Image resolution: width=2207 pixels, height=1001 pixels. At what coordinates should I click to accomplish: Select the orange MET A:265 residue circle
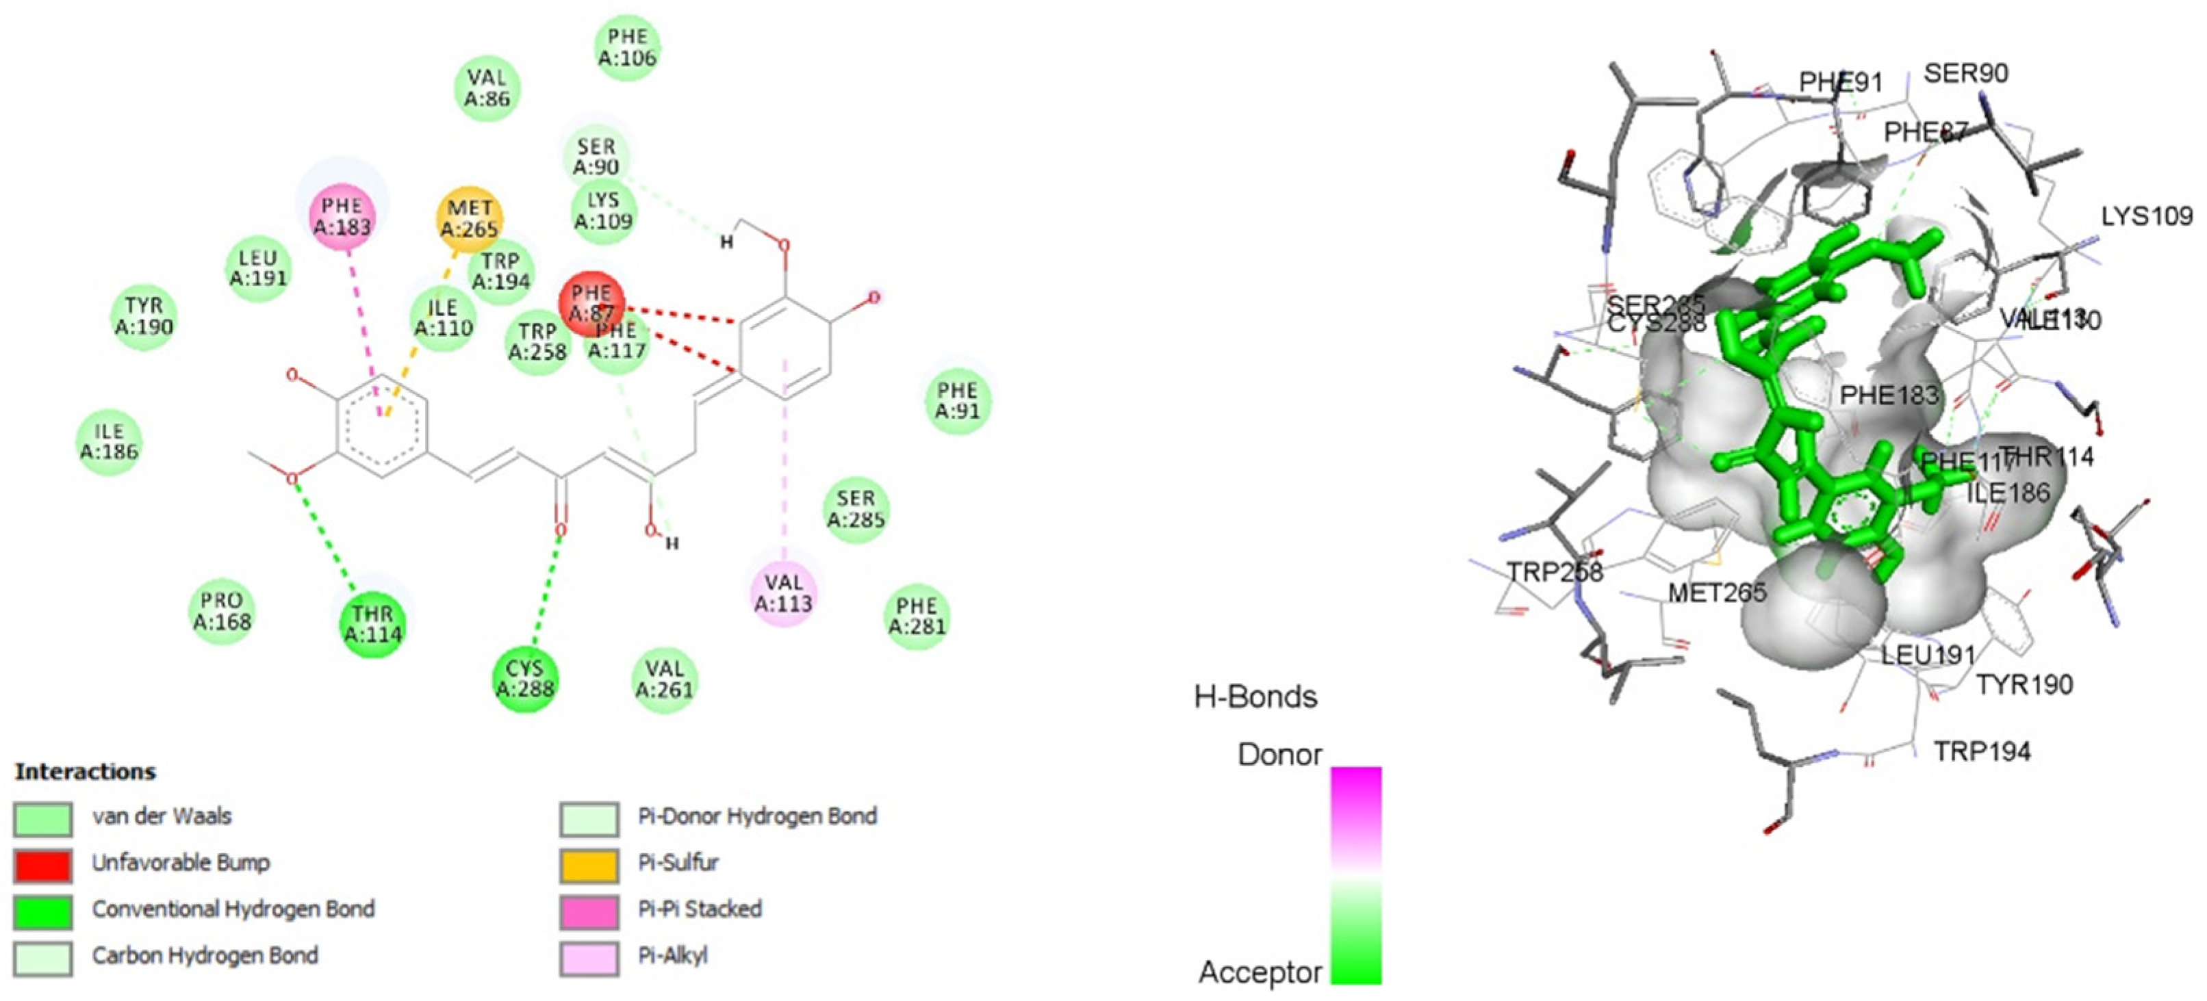coord(469,218)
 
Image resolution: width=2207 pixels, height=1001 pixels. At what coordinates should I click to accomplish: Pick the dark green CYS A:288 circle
coord(524,678)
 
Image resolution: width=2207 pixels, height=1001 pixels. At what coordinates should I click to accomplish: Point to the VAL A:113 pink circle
coord(783,593)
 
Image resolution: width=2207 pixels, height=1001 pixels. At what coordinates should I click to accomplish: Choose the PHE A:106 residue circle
coord(627,47)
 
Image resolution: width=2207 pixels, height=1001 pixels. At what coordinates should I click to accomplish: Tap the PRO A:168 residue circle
coord(222,610)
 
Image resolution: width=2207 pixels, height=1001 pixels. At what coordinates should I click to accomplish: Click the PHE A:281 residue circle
coord(917,616)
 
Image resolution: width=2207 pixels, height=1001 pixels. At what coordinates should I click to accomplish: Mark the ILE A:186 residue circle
coord(109,442)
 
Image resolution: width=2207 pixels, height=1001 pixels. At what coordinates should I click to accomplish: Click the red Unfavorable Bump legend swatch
coord(43,863)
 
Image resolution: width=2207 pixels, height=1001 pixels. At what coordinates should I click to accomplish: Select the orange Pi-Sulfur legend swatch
coord(589,863)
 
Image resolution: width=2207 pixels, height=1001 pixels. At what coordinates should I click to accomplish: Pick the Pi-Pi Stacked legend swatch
coord(589,909)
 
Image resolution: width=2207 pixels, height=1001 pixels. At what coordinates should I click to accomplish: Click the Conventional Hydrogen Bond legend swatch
coord(43,909)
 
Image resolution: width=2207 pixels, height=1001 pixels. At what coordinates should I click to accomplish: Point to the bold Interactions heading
coord(85,772)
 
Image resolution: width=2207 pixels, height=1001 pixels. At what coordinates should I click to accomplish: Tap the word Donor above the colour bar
coord(1279,755)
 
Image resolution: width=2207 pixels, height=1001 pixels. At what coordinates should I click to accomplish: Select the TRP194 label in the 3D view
coord(1982,751)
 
